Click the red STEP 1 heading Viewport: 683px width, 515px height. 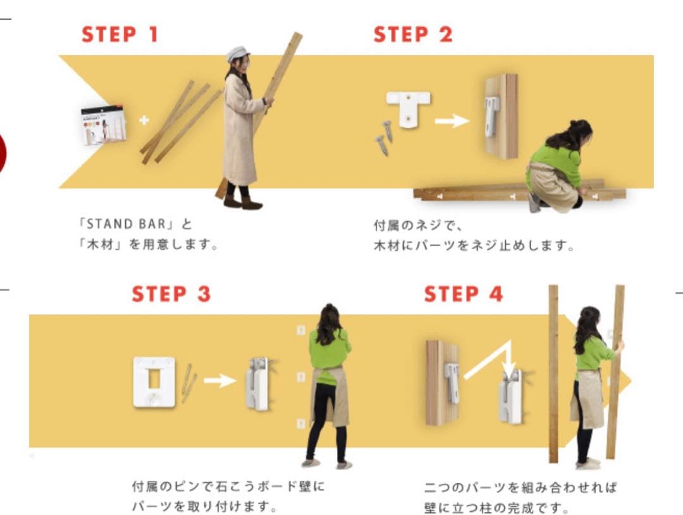pyautogui.click(x=120, y=34)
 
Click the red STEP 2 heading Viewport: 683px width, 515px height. pyautogui.click(x=413, y=34)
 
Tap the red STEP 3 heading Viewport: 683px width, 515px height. pyautogui.click(x=171, y=294)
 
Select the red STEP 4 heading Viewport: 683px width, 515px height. pyautogui.click(x=464, y=294)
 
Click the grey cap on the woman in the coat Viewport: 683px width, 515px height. pyautogui.click(x=238, y=54)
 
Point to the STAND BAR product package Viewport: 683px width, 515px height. pyautogui.click(x=104, y=125)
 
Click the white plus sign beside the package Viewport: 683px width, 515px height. pyautogui.click(x=144, y=120)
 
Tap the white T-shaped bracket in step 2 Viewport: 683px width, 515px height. pyautogui.click(x=408, y=108)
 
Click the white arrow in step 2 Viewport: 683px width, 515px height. pyautogui.click(x=452, y=121)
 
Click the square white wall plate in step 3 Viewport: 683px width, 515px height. pyautogui.click(x=154, y=382)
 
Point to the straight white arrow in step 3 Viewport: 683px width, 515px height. pyautogui.click(x=220, y=381)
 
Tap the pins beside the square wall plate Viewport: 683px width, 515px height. pyautogui.click(x=188, y=383)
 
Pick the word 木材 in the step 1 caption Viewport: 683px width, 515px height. pyautogui.click(x=100, y=244)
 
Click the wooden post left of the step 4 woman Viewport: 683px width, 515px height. pyautogui.click(x=553, y=374)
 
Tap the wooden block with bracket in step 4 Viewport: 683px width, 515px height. pyautogui.click(x=443, y=383)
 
